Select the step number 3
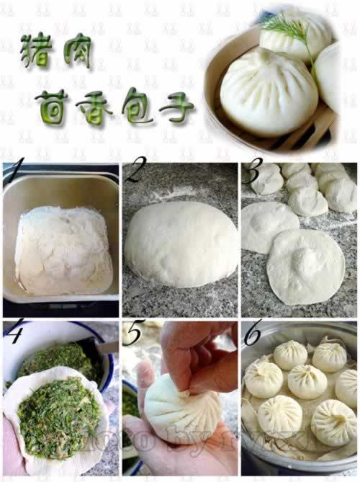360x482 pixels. [x=253, y=174]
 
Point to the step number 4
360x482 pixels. [x=15, y=331]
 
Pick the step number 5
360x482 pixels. [x=132, y=332]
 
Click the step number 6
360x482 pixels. [x=253, y=333]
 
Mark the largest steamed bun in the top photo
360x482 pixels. [x=268, y=90]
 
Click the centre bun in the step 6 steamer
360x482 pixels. [x=307, y=381]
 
